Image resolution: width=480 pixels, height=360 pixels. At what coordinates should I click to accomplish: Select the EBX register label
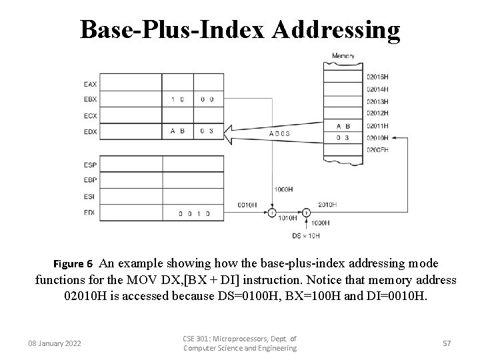point(90,99)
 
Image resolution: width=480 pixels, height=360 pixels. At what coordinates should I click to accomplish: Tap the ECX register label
point(90,115)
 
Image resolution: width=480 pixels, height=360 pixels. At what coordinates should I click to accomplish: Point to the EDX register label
point(90,131)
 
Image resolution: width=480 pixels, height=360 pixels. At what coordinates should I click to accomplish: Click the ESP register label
point(90,164)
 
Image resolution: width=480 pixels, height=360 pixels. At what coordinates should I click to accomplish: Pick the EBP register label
point(90,180)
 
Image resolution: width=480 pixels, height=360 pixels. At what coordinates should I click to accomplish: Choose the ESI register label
point(90,196)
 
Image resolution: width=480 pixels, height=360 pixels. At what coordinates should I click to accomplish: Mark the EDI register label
point(90,213)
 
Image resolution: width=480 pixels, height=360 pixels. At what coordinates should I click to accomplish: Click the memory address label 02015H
point(377,77)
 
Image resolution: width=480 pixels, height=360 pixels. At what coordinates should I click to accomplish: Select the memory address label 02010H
point(377,138)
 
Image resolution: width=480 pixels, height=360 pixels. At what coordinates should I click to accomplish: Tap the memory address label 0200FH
point(377,150)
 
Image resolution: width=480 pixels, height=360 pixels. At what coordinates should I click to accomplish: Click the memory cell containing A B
point(343,126)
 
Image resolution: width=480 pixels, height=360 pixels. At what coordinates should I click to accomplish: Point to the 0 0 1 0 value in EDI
point(194,213)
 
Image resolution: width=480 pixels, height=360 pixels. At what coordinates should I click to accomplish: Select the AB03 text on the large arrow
point(279,133)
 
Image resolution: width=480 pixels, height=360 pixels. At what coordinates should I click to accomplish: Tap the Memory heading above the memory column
point(343,55)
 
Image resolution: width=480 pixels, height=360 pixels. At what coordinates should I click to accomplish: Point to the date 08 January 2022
point(55,343)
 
